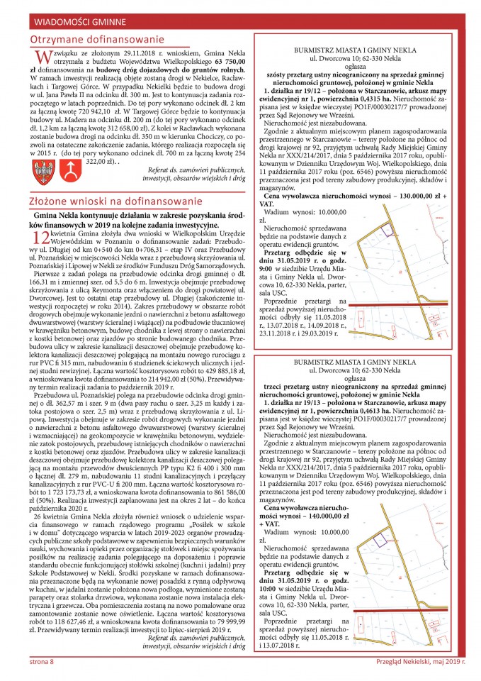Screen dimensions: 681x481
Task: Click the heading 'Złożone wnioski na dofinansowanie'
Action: pyautogui.click(x=110, y=202)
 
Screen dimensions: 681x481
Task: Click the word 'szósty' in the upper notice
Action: pyautogui.click(x=281, y=74)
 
